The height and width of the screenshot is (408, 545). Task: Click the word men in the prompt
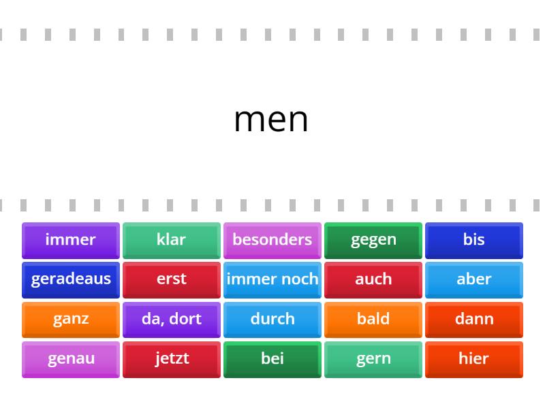tap(271, 120)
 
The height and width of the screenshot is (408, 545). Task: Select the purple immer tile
tap(71, 241)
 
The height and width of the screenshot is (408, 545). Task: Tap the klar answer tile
tap(172, 241)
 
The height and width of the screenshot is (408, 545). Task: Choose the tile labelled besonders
tap(272, 241)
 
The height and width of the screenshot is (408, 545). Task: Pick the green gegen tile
tap(373, 241)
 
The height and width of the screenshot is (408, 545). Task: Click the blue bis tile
tap(474, 241)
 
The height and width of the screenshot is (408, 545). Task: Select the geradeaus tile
tap(71, 280)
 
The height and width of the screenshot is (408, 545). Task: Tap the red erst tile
tap(172, 280)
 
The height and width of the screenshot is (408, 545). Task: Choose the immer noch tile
tap(272, 280)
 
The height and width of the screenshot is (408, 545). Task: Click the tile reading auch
tap(373, 280)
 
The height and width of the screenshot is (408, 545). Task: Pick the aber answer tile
tap(474, 280)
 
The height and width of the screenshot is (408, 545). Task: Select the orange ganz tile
tap(71, 320)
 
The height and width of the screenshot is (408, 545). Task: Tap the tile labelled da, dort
tap(172, 320)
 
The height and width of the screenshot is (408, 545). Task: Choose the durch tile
tap(272, 320)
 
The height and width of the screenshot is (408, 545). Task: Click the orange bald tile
tap(373, 320)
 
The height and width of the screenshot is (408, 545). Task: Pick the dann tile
tap(474, 320)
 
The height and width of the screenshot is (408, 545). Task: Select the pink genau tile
tap(71, 360)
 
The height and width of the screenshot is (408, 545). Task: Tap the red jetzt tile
tap(172, 360)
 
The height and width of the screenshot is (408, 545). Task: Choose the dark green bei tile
tap(272, 360)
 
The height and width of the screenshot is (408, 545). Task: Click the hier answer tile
tap(474, 360)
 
